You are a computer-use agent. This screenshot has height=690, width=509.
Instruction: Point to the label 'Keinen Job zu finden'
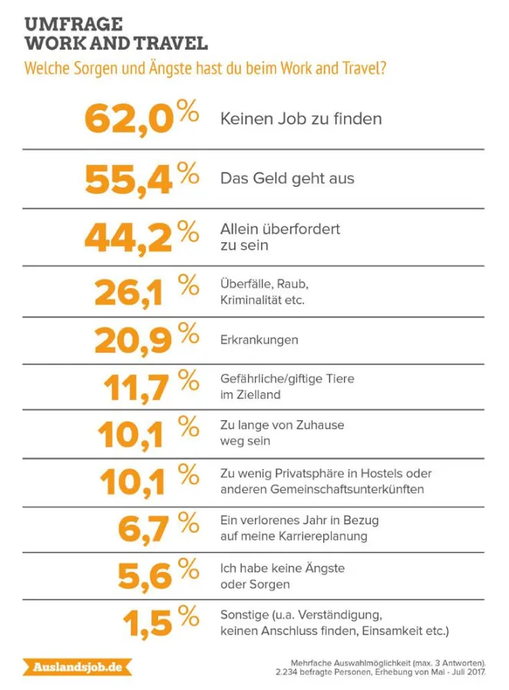301,119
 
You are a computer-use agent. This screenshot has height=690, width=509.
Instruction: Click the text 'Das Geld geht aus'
287,179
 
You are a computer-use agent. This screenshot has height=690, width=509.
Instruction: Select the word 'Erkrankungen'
259,340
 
